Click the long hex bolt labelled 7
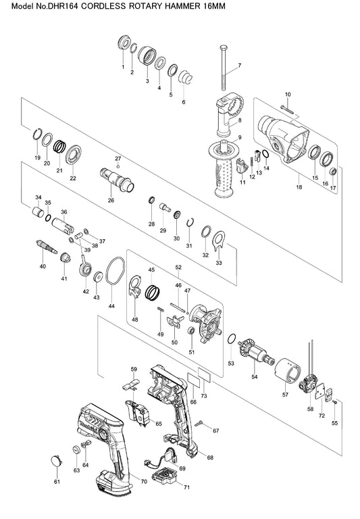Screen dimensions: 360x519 tap(224, 67)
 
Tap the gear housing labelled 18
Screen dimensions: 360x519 tap(283, 139)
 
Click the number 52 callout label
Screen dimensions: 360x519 tap(178, 267)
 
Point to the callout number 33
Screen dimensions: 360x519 tap(219, 263)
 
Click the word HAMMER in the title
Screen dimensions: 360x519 tap(180, 6)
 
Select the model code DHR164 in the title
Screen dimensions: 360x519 tap(63, 6)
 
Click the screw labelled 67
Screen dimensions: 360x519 tap(201, 422)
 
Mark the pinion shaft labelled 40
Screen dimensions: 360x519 tap(47, 247)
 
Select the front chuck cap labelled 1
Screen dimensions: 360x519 tap(124, 42)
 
